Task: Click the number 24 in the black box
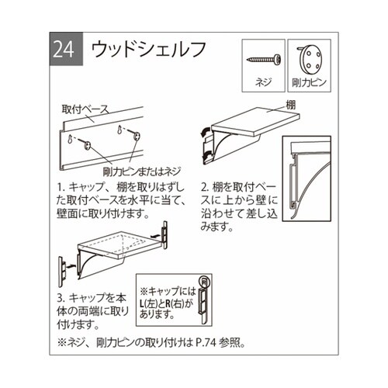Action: click(x=63, y=49)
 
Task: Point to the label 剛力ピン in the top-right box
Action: click(x=311, y=81)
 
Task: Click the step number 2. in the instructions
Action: click(x=205, y=187)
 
